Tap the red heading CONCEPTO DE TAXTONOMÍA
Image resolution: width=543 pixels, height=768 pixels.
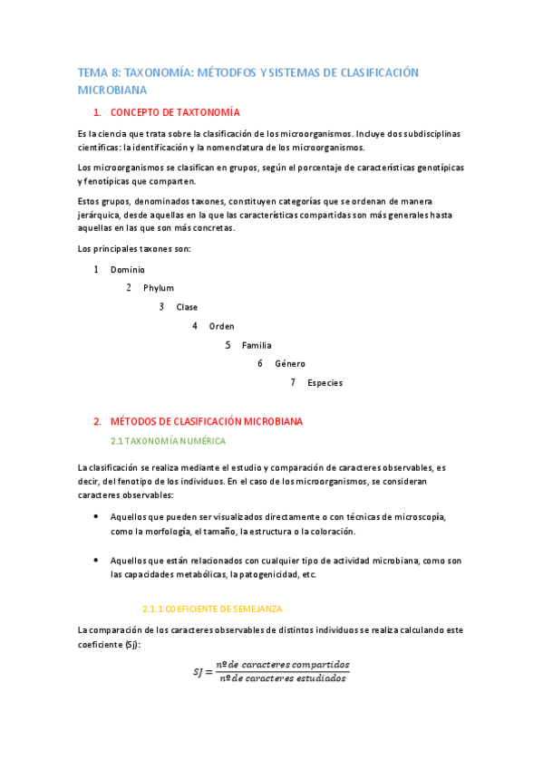175,112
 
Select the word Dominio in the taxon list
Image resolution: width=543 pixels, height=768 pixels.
127,269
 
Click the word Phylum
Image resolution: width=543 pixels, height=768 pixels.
159,288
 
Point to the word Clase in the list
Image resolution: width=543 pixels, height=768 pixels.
187,307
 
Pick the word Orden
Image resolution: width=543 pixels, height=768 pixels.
221,326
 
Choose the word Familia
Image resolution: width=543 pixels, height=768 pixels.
257,345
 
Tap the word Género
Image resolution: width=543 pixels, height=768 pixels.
290,364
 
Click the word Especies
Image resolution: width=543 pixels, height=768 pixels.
325,383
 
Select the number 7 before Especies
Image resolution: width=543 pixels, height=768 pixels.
293,382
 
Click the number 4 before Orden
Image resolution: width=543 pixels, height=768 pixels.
195,325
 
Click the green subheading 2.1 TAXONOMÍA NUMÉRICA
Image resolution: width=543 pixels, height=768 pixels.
168,441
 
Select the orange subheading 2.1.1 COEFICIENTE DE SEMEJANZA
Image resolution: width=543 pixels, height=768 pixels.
213,609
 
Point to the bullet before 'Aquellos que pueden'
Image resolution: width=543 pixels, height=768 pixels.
97,516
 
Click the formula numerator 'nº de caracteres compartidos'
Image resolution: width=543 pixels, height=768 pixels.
276,664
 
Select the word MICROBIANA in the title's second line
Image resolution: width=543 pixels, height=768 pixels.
112,91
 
